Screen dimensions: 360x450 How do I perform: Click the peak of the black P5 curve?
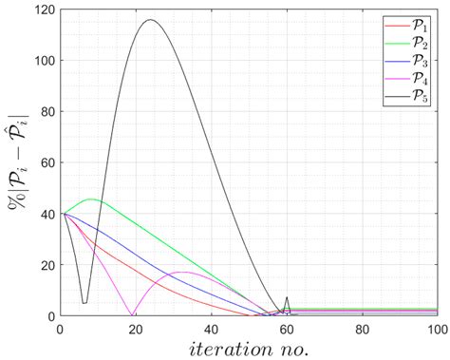click(x=150, y=20)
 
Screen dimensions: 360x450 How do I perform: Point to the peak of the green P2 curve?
click(x=91, y=199)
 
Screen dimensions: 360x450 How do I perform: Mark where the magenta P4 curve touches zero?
click(x=131, y=314)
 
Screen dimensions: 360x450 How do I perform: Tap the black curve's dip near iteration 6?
click(x=84, y=302)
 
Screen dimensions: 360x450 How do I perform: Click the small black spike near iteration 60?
click(x=287, y=297)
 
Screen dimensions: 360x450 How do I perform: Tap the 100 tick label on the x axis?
click(x=436, y=327)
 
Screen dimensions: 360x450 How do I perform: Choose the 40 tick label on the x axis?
click(x=211, y=327)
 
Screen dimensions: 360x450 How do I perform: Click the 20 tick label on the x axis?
click(x=136, y=327)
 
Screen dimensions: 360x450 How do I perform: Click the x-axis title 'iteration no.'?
click(x=249, y=347)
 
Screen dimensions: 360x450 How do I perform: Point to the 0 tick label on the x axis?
click(x=60, y=327)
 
